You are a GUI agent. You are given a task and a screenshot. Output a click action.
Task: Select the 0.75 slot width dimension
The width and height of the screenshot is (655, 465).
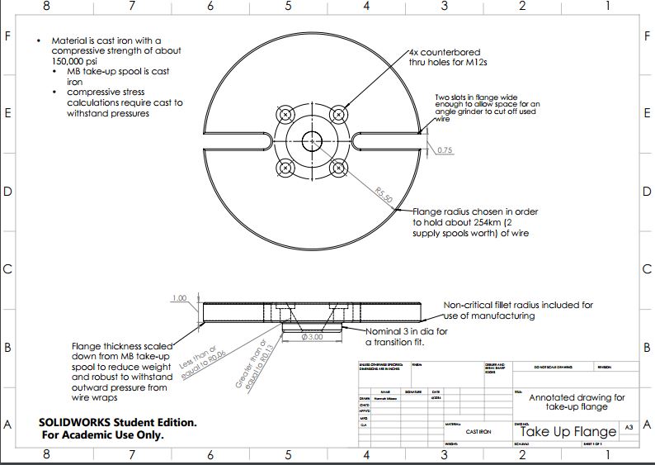click(x=445, y=150)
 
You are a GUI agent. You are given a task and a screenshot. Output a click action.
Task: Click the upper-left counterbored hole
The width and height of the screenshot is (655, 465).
click(x=285, y=114)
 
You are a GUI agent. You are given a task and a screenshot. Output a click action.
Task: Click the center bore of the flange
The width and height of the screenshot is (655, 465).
click(x=312, y=140)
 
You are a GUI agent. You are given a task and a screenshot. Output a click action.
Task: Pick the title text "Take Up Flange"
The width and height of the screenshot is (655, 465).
click(x=568, y=431)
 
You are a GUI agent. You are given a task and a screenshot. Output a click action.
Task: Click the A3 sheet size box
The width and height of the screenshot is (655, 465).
click(x=629, y=427)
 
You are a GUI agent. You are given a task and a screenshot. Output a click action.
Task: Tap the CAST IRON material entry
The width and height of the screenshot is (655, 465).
click(x=478, y=432)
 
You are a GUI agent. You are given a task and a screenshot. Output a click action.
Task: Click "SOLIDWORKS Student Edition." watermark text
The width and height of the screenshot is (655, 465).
click(x=117, y=422)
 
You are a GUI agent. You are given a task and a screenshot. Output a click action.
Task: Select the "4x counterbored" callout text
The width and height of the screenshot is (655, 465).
click(x=445, y=52)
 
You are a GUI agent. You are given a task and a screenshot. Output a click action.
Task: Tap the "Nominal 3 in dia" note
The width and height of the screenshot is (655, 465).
click(x=408, y=331)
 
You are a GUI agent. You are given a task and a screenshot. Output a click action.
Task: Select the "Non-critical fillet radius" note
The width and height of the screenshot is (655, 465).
click(x=518, y=305)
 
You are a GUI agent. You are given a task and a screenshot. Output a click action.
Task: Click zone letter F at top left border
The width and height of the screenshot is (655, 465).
click(x=7, y=37)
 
